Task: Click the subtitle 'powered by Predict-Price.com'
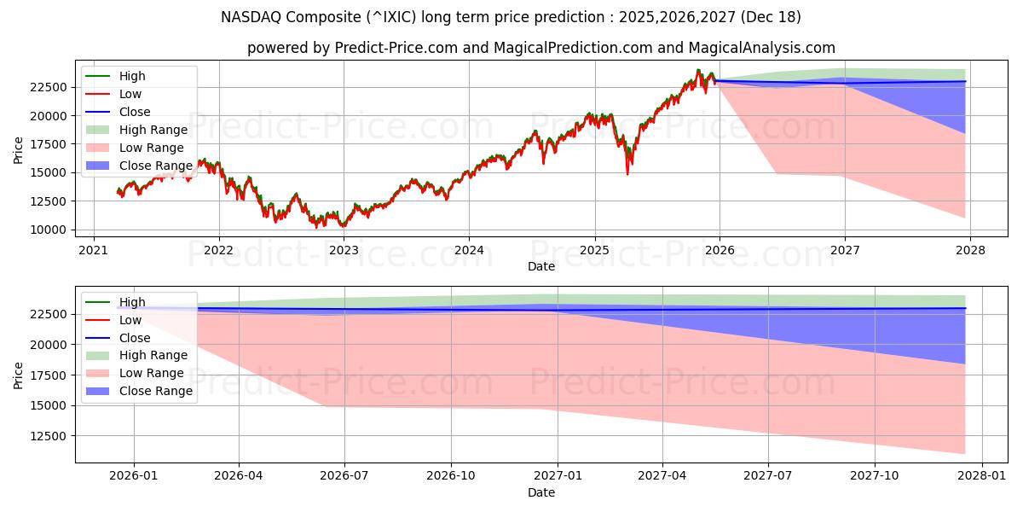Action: [540, 49]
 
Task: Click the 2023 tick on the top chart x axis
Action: [344, 250]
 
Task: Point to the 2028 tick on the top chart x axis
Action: [970, 250]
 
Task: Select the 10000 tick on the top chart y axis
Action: [49, 230]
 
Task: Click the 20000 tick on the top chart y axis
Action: [49, 115]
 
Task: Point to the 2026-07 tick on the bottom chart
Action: [344, 476]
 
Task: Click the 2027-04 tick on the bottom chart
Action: [662, 476]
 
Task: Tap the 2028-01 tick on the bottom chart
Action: [982, 476]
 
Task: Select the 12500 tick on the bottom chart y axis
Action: [49, 436]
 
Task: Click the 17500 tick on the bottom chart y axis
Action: [49, 375]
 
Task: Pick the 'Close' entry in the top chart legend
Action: [135, 112]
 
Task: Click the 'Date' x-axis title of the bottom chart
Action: [540, 492]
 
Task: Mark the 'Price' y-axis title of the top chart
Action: [19, 148]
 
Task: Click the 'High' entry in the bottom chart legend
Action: [132, 302]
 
